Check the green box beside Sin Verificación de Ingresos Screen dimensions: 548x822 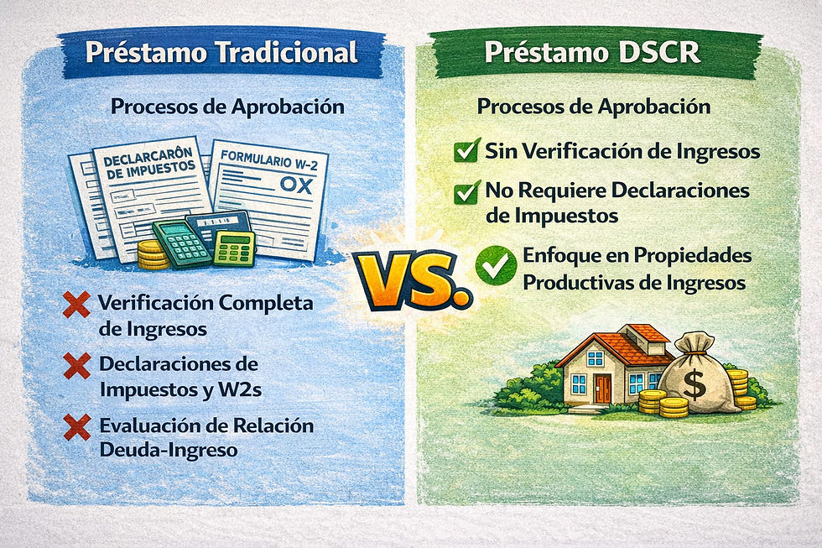tap(466, 152)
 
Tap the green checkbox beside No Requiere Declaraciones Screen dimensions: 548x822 tap(466, 192)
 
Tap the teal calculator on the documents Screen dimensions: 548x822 tap(179, 244)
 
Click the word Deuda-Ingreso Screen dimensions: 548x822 tap(168, 450)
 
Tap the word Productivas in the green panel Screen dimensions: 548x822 tap(586, 283)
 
